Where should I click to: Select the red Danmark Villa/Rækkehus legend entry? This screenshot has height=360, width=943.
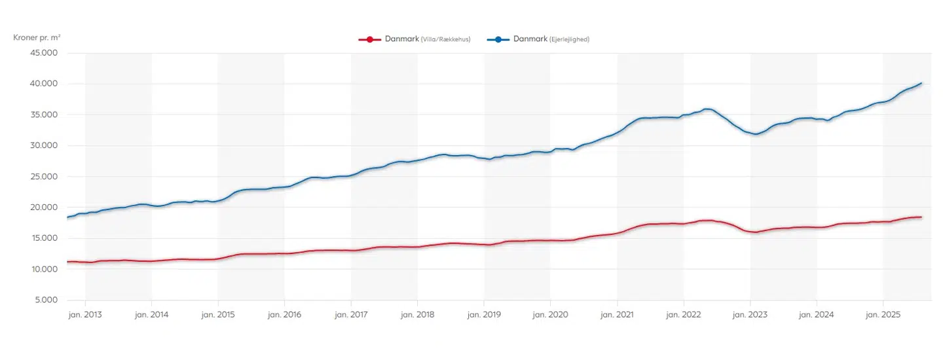414,39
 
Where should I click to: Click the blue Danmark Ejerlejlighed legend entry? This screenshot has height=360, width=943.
538,39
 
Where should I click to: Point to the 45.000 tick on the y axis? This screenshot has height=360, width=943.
45,53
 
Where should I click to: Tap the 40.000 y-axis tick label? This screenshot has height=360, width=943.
45,84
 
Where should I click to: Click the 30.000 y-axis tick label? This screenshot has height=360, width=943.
45,145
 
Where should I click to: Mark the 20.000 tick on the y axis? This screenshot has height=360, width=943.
45,207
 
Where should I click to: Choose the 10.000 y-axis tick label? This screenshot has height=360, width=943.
45,269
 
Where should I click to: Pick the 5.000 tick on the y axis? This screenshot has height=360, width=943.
46,300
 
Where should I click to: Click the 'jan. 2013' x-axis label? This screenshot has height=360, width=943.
85,314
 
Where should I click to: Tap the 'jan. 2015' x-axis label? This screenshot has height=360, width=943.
218,314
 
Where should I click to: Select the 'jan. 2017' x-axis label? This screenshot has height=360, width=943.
351,314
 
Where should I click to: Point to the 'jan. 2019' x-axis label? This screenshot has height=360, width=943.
484,314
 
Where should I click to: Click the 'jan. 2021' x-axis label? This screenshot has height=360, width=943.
617,314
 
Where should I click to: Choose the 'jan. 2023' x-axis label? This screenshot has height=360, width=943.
750,314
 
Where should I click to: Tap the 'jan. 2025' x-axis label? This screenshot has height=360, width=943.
883,314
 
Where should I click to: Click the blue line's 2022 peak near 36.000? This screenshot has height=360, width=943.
707,109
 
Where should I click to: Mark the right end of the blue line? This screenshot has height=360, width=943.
921,83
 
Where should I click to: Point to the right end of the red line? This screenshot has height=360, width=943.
921,217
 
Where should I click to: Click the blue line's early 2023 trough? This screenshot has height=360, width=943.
756,134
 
